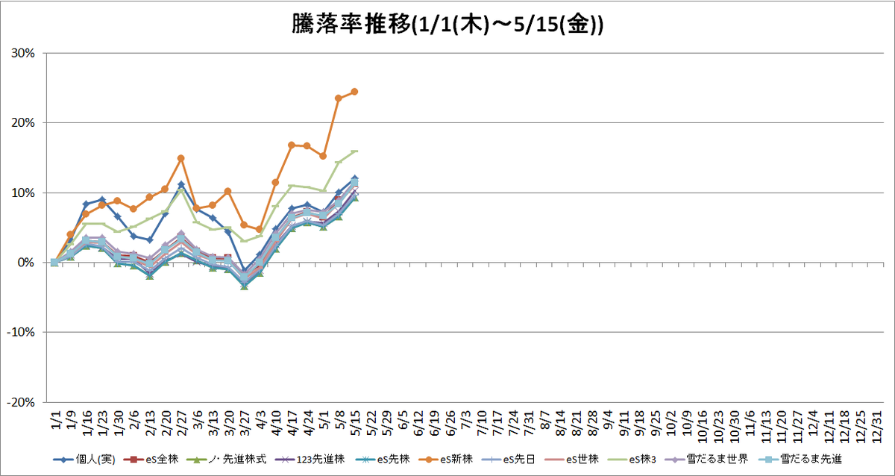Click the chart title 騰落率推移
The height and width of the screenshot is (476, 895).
click(351, 25)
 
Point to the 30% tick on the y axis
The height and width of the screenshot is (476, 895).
click(23, 53)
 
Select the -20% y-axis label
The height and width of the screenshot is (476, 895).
click(21, 402)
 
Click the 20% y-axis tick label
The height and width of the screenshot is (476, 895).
click(23, 123)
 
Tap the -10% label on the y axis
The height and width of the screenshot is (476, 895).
click(21, 333)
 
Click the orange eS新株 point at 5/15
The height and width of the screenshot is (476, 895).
click(354, 92)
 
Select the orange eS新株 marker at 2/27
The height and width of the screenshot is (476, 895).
click(181, 158)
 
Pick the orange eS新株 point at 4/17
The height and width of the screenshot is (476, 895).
click(292, 145)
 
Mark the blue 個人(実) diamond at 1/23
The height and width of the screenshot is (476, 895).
click(102, 199)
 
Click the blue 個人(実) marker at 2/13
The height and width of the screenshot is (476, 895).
click(149, 240)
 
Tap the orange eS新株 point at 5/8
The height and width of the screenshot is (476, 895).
click(339, 98)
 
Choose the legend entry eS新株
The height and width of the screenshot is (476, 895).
click(446, 460)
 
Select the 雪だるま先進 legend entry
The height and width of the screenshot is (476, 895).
click(800, 460)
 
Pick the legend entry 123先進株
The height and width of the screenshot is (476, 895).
click(310, 460)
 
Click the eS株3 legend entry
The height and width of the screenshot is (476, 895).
click(632, 460)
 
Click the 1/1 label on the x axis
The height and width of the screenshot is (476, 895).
click(56, 419)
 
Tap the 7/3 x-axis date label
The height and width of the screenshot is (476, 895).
click(466, 419)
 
